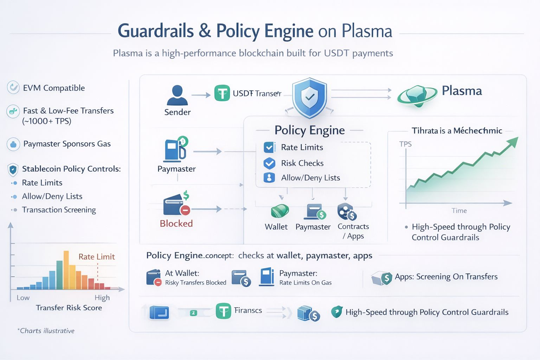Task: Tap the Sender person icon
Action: (177, 95)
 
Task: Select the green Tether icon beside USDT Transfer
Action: (222, 93)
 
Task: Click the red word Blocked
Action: (176, 224)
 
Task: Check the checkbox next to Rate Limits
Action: (269, 147)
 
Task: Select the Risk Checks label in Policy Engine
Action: (302, 163)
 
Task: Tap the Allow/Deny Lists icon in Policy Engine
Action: (269, 178)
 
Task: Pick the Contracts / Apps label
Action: (353, 231)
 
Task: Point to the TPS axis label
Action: (405, 144)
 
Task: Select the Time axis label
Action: (459, 211)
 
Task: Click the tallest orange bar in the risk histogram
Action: (66, 270)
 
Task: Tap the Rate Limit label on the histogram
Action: (97, 257)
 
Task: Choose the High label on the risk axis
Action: (102, 298)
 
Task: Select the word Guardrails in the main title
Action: (156, 31)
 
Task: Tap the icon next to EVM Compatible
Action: (13, 88)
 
